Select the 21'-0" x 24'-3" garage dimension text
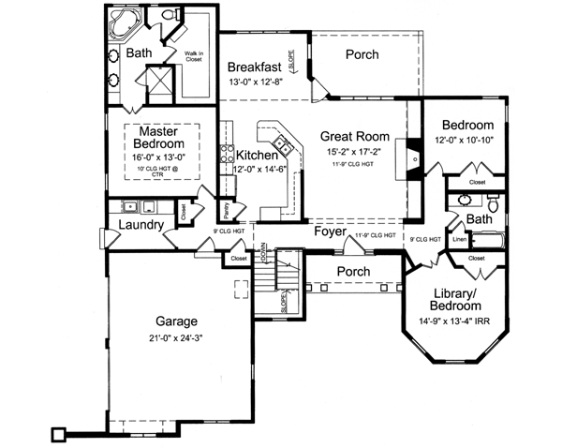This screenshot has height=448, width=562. coord(177,337)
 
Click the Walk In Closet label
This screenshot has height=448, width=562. coord(195,57)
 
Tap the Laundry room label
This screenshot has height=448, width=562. coord(142,225)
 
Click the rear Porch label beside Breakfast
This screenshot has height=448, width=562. coord(361,54)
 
